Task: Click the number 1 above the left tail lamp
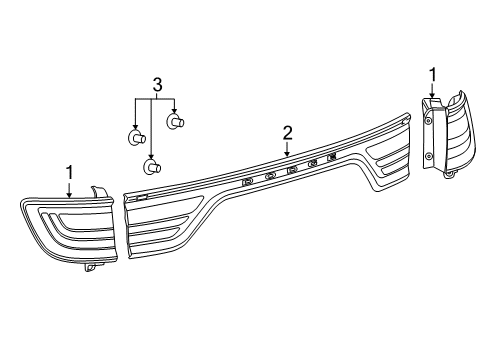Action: pyautogui.click(x=70, y=172)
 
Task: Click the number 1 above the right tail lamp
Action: pyautogui.click(x=432, y=73)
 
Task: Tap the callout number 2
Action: pyautogui.click(x=287, y=132)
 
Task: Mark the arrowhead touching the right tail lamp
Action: pyautogui.click(x=432, y=97)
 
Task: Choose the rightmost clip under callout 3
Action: pyautogui.click(x=176, y=123)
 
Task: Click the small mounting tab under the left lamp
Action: pyautogui.click(x=91, y=267)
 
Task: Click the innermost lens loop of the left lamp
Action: pyautogui.click(x=70, y=226)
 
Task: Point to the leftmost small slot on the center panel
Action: pyautogui.click(x=247, y=181)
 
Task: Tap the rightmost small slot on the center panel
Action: pyautogui.click(x=331, y=157)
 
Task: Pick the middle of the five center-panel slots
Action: pyautogui.click(x=292, y=169)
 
